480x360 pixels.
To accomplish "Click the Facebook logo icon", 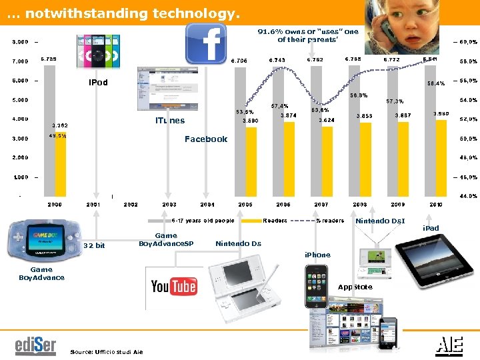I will pos(206,44).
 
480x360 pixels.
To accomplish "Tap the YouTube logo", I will pos(174,287).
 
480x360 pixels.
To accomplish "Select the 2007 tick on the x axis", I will pos(321,204).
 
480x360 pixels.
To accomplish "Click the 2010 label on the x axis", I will pos(436,204).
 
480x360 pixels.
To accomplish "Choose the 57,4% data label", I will pos(280,105).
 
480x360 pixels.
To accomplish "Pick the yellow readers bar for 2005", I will pos(251,160).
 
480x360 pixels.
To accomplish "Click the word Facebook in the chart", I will pos(206,139).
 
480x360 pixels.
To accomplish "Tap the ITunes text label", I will pos(170,121).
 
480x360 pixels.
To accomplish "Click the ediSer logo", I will pos(36,347).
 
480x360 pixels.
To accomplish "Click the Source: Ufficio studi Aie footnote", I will pos(106,351).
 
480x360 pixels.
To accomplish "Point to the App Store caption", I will pos(355,287).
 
